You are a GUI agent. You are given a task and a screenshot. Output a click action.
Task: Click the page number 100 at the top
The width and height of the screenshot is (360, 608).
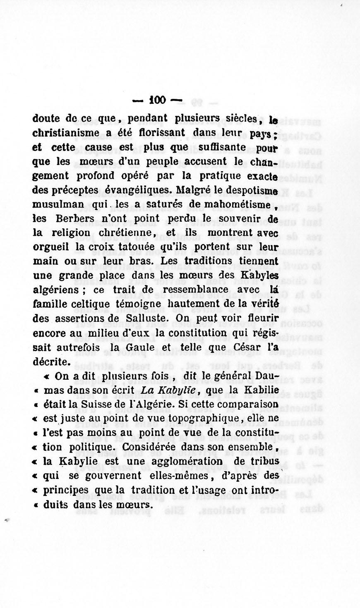tap(157, 101)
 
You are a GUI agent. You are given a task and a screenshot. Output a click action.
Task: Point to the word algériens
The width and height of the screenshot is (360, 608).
tap(55, 290)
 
